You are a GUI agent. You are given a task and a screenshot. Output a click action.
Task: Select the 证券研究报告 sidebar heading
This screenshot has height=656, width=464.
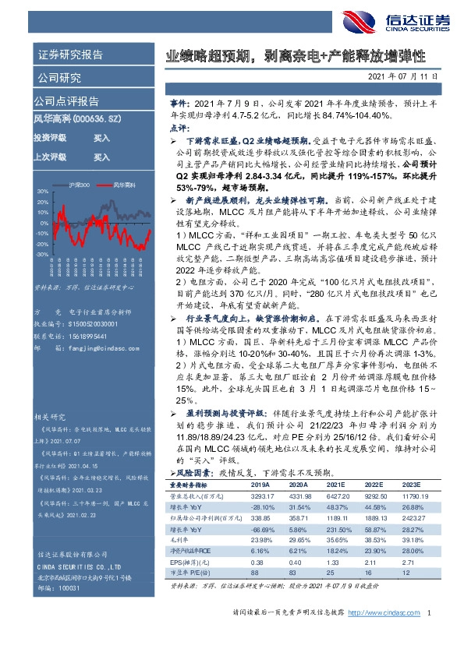(69, 55)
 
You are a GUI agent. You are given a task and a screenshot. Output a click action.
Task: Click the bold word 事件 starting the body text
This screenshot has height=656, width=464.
(179, 103)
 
